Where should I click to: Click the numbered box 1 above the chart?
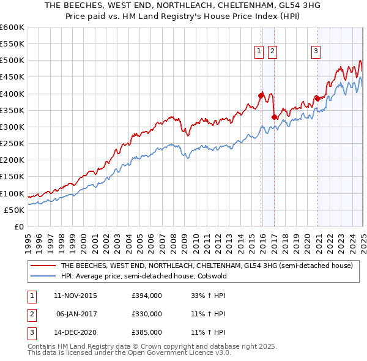point(259,52)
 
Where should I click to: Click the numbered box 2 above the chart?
point(272,52)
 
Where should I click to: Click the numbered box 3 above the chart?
point(316,52)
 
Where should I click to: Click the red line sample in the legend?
point(43,266)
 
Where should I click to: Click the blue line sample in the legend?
point(43,276)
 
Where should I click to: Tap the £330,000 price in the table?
point(147,314)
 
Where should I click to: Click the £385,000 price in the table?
point(147,333)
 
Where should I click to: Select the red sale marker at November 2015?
point(261,95)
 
